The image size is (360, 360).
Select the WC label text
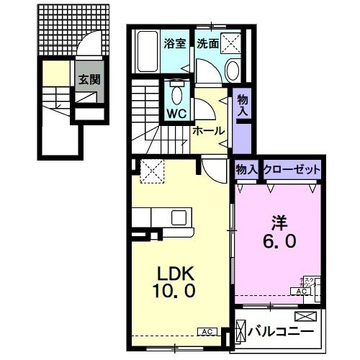[176, 113]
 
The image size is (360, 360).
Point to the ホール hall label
[209, 131]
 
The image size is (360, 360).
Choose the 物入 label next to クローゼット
[246, 169]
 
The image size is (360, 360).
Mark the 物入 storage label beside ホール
[242, 107]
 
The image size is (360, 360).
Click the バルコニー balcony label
[281, 333]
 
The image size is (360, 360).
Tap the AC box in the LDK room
[207, 332]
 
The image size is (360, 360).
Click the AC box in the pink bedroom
[299, 291]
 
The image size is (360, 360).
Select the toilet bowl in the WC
[176, 92]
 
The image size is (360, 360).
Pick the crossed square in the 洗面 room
[230, 43]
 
